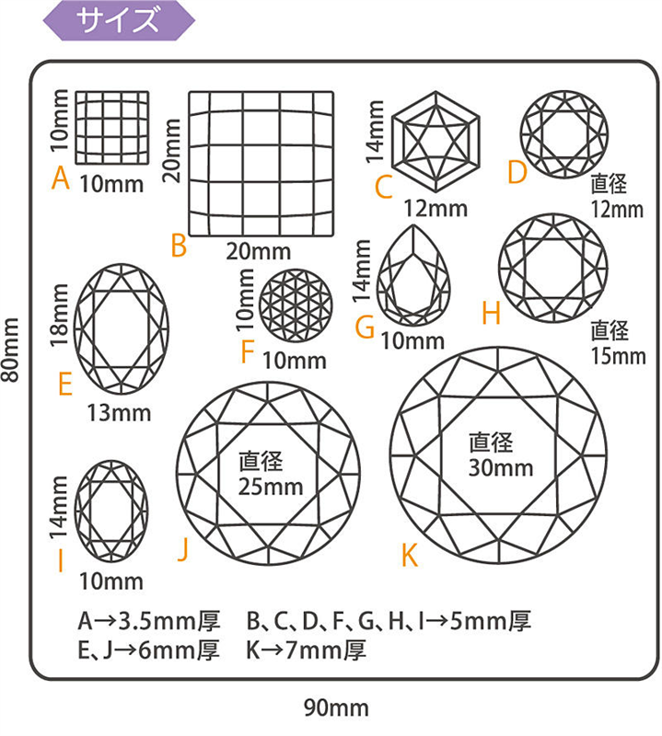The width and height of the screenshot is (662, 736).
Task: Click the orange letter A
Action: (x=61, y=178)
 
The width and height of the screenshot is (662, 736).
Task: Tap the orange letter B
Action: (x=179, y=245)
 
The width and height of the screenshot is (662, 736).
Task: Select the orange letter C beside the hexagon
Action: (x=383, y=187)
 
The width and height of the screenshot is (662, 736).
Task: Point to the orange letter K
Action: (x=409, y=556)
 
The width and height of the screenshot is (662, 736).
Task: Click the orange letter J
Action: (x=183, y=549)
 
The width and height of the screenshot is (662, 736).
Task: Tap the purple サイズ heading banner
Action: (x=119, y=20)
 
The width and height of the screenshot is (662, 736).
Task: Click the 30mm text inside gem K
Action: (x=500, y=468)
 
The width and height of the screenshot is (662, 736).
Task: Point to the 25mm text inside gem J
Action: (x=270, y=487)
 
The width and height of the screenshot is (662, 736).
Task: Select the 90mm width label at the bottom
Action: (x=336, y=707)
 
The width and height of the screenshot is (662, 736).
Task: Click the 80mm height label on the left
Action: (x=11, y=350)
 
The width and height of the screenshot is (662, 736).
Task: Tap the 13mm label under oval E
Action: (x=119, y=413)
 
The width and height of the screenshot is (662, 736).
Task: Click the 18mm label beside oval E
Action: (x=60, y=315)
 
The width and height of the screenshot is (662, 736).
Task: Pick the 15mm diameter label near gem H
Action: (x=618, y=356)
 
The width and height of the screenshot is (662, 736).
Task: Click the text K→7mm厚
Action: (x=306, y=650)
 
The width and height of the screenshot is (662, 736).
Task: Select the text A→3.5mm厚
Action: (x=149, y=621)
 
